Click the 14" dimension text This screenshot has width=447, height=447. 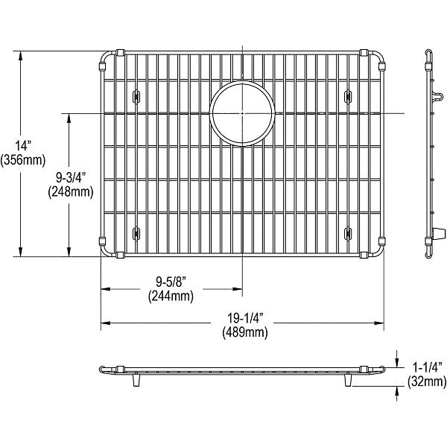coord(13,146)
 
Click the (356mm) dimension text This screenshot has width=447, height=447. coord(23,159)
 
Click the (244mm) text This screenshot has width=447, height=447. coord(171,296)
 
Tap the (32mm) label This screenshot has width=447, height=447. coord(427,382)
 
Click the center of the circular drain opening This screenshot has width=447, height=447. coord(243,113)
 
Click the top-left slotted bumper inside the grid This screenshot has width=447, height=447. coord(136,95)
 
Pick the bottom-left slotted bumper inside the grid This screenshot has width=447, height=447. coord(136,233)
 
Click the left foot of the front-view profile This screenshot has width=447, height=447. coord(136,381)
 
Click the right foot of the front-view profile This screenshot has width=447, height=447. coord(348,381)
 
